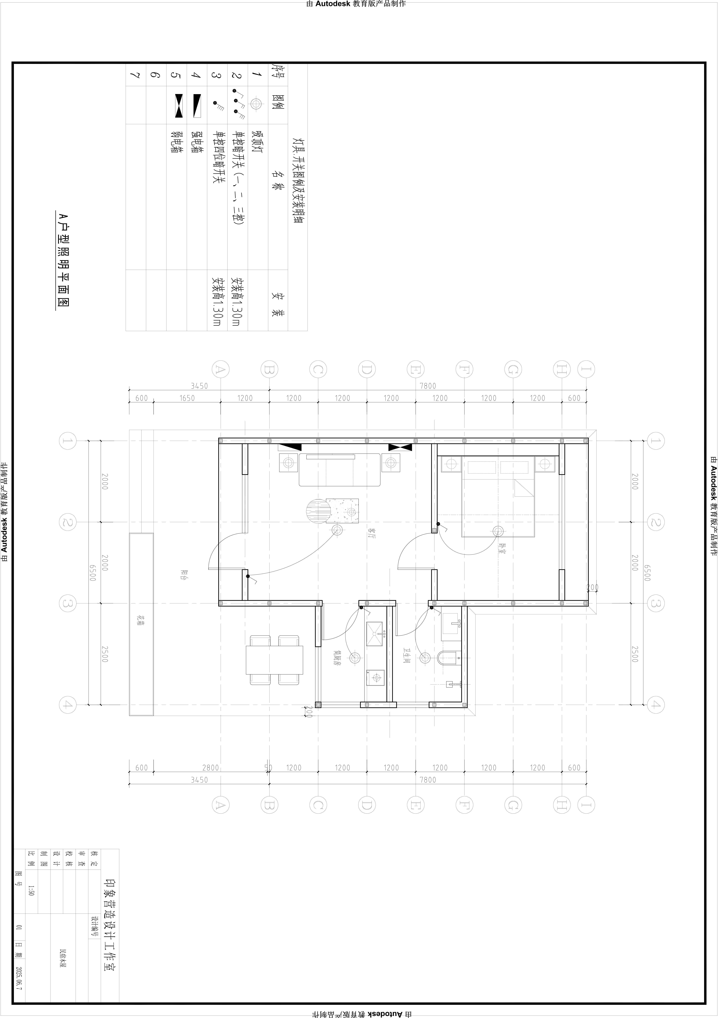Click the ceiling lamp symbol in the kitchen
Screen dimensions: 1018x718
355,658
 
